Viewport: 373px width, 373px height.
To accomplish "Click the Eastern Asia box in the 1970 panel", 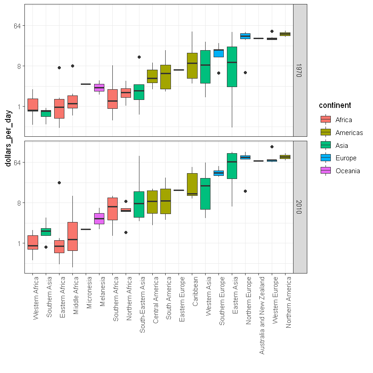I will click(232, 67).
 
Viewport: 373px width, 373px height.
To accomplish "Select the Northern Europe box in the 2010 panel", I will click(245, 157).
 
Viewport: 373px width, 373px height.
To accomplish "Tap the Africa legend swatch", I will click(326, 119).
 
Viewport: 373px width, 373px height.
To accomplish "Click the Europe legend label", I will click(346, 158).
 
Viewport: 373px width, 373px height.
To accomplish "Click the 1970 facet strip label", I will click(299, 70).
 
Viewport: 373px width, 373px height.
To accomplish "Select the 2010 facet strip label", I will click(299, 206).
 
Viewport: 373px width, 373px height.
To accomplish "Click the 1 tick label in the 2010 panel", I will click(21, 243).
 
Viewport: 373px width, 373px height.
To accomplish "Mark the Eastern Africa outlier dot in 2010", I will click(59, 183).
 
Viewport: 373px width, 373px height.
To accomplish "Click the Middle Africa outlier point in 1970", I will click(73, 66).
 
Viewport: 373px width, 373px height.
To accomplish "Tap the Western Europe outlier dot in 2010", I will click(272, 147).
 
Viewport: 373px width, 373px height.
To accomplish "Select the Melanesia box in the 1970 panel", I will click(99, 87).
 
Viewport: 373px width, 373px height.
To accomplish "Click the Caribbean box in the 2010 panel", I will click(192, 184).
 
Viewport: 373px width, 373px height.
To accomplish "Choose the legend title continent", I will click(335, 105).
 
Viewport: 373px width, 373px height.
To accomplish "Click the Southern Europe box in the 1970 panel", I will click(218, 53).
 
